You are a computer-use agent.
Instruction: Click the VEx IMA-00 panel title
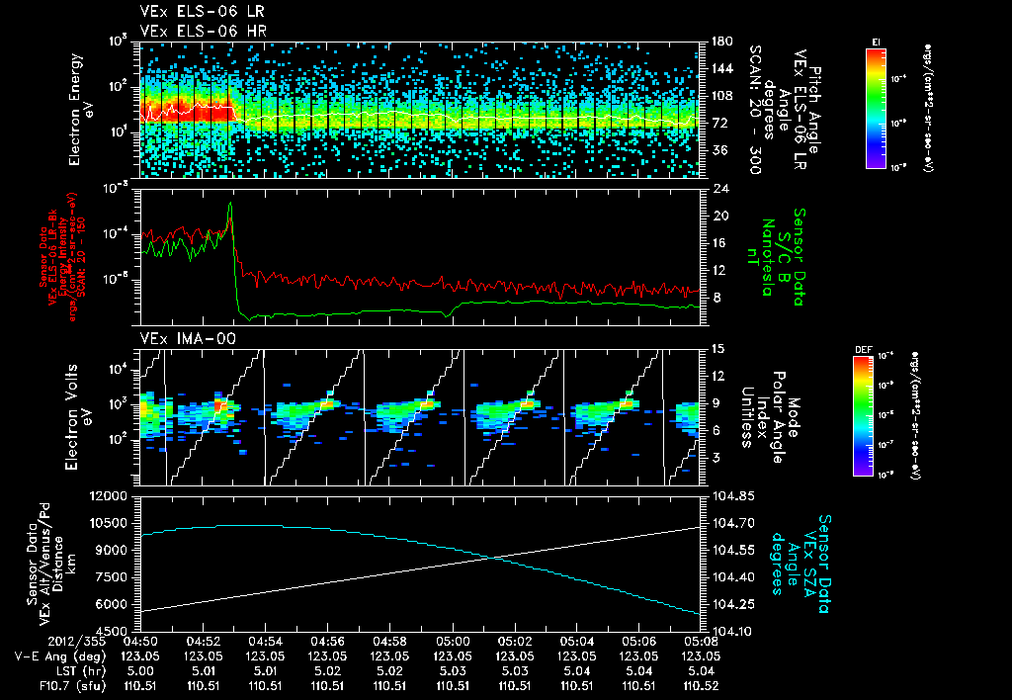point(181,339)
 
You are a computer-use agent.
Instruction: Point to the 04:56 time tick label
point(327,640)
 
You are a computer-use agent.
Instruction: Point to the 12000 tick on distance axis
point(110,495)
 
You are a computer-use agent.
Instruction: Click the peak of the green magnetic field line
point(230,205)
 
